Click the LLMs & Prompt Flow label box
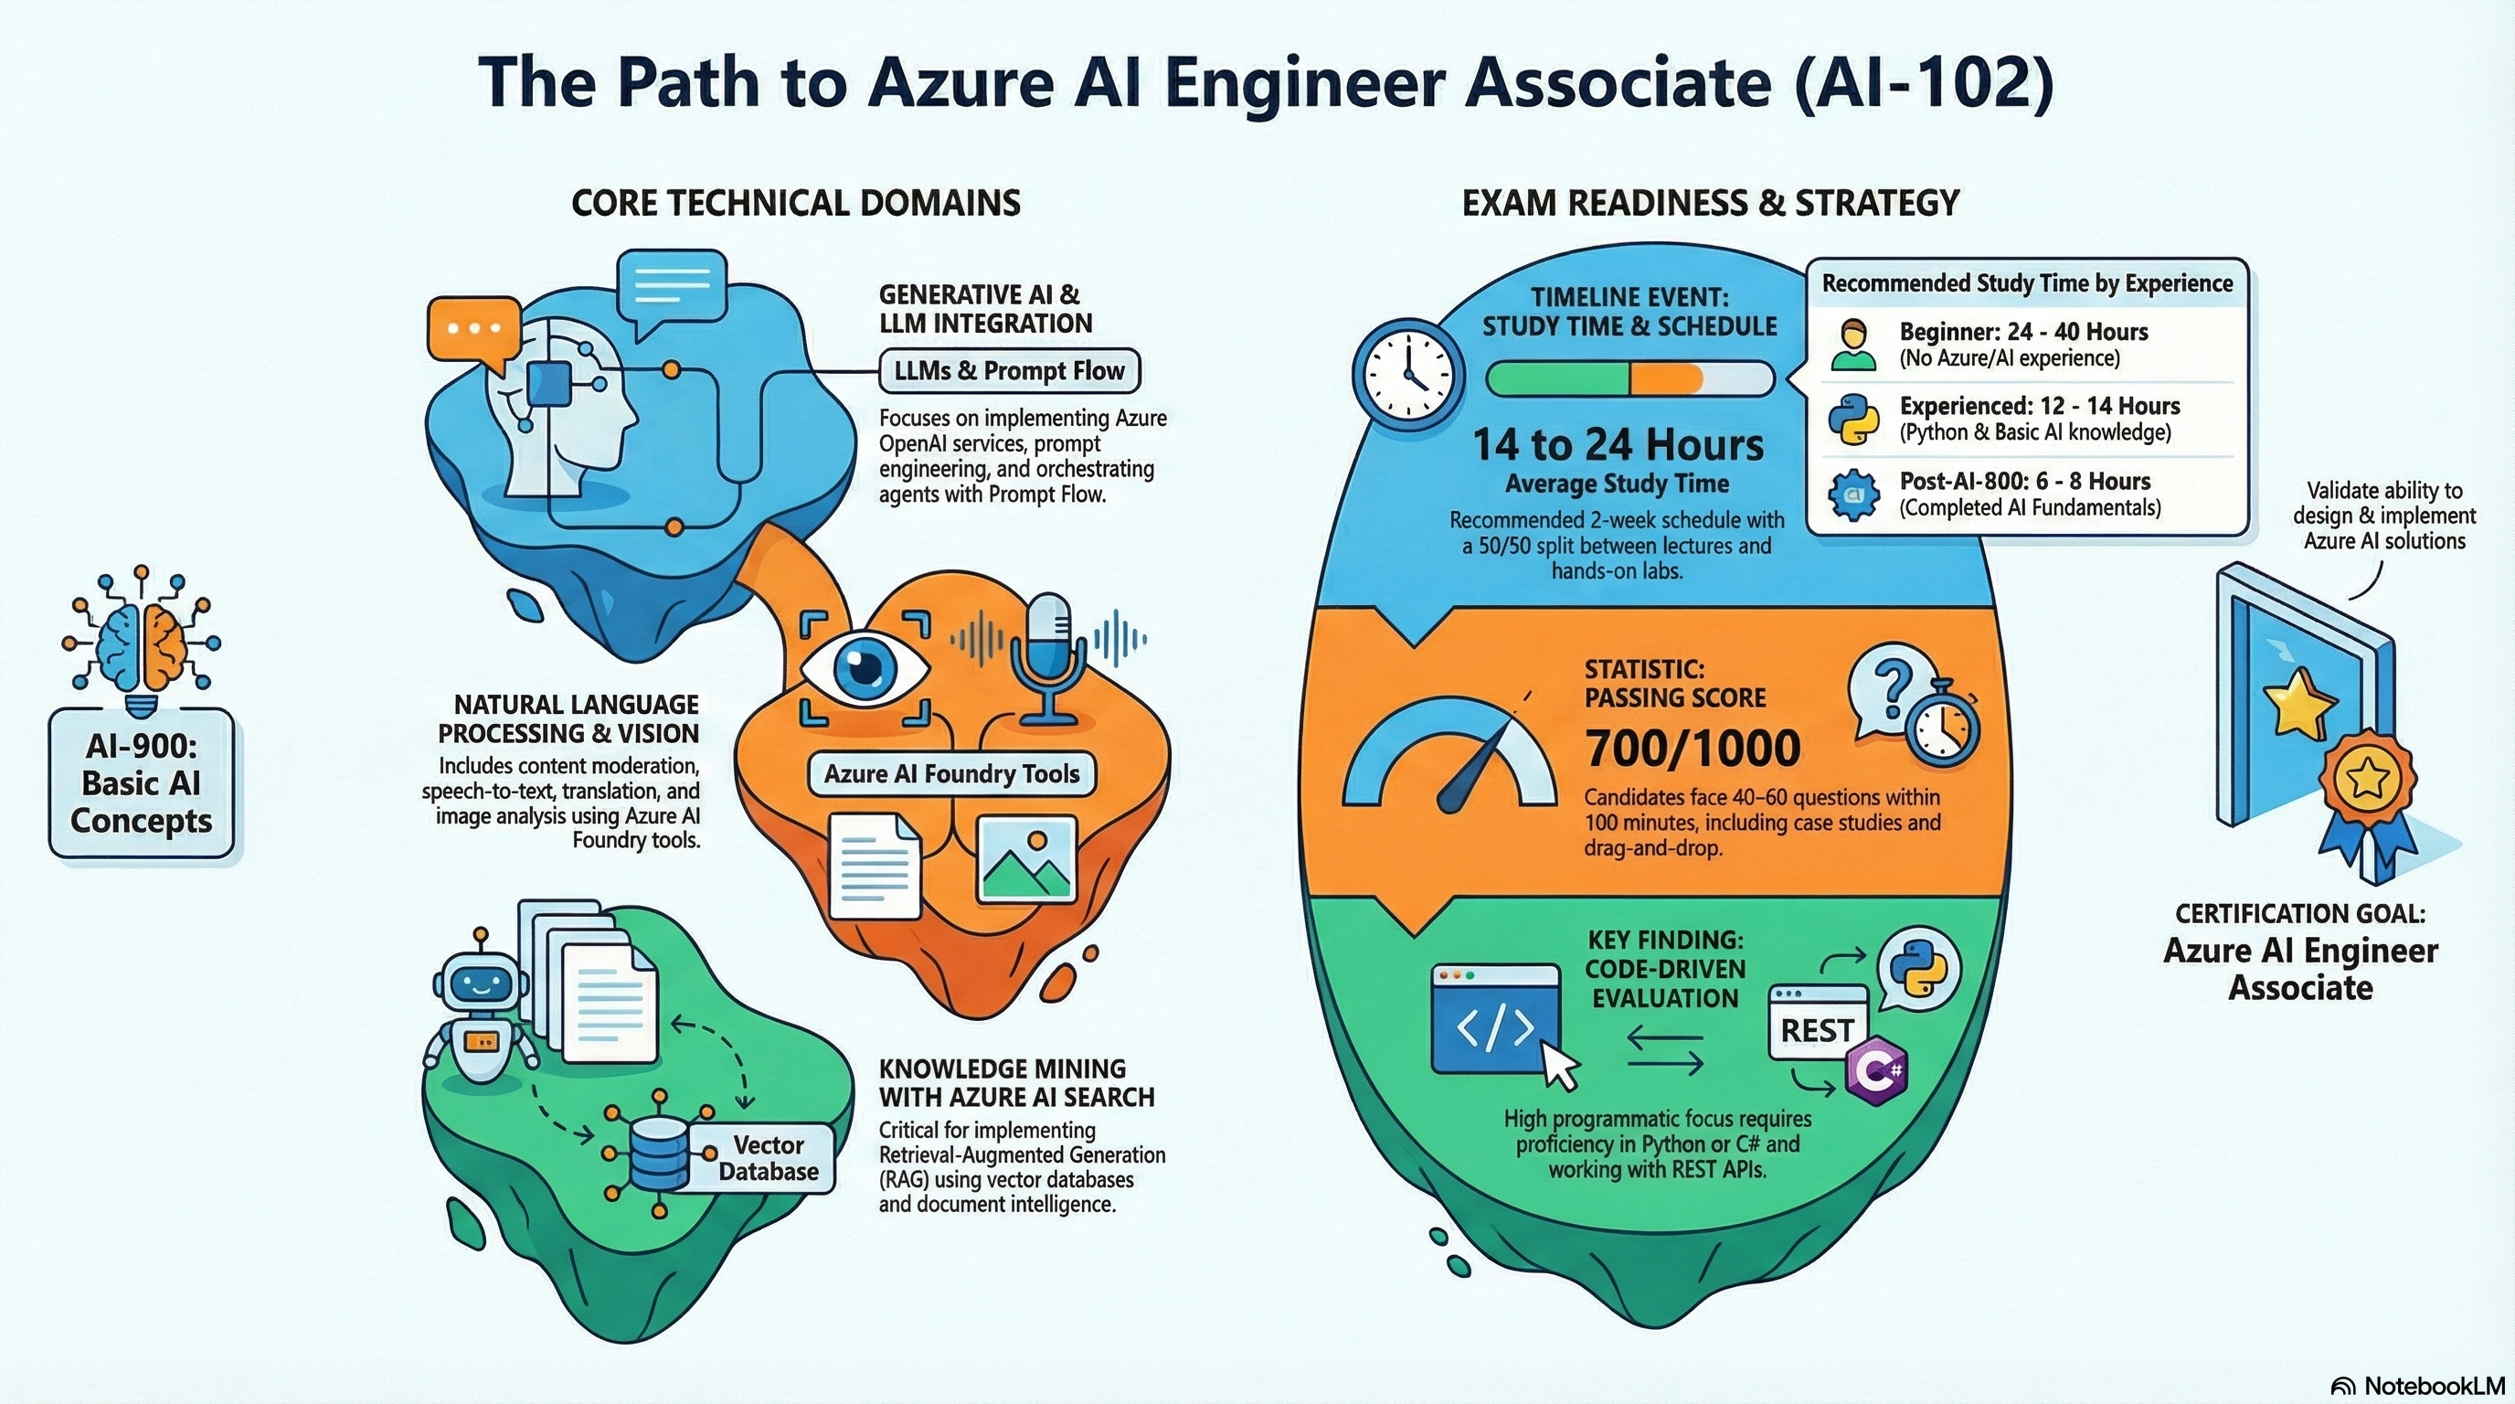click(1009, 371)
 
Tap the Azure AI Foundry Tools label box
click(951, 774)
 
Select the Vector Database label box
click(768, 1158)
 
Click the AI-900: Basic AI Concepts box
click(141, 783)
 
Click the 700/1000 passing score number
click(1693, 749)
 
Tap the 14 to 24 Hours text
click(1618, 445)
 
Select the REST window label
click(1816, 1030)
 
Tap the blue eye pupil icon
click(864, 668)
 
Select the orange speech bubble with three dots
click(473, 330)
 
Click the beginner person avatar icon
click(1853, 345)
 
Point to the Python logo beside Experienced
click(1853, 420)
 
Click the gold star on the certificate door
click(2299, 701)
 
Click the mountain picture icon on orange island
click(1026, 859)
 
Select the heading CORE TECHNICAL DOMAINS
click(796, 203)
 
